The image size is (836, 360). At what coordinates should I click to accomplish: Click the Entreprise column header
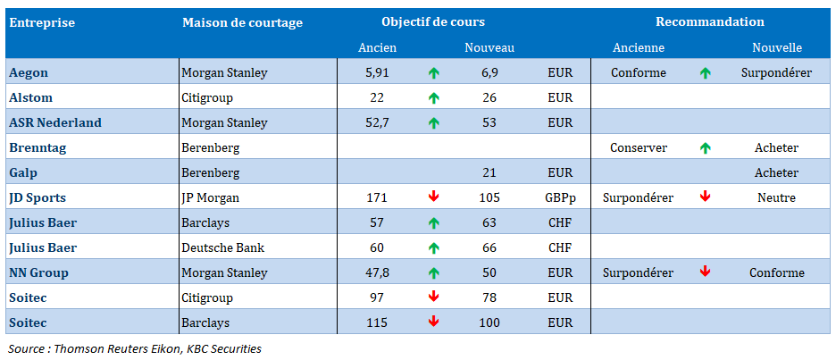[42, 22]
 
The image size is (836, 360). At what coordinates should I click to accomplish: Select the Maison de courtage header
[242, 22]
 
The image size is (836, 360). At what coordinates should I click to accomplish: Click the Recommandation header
[710, 22]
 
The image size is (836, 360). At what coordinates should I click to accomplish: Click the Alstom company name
[30, 97]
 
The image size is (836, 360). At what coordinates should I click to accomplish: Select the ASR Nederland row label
[55, 122]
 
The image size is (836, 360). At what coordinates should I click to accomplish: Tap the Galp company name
[24, 172]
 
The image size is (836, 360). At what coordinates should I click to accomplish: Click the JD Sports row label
[38, 197]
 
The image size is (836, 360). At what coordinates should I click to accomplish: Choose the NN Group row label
[38, 272]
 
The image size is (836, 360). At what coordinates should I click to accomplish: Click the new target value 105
[489, 197]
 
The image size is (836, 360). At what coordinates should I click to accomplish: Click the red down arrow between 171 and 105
[434, 197]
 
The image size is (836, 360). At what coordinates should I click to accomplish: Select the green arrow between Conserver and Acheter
[705, 147]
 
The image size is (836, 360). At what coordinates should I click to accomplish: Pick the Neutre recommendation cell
[776, 197]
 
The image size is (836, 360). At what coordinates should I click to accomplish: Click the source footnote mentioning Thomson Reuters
[135, 348]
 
